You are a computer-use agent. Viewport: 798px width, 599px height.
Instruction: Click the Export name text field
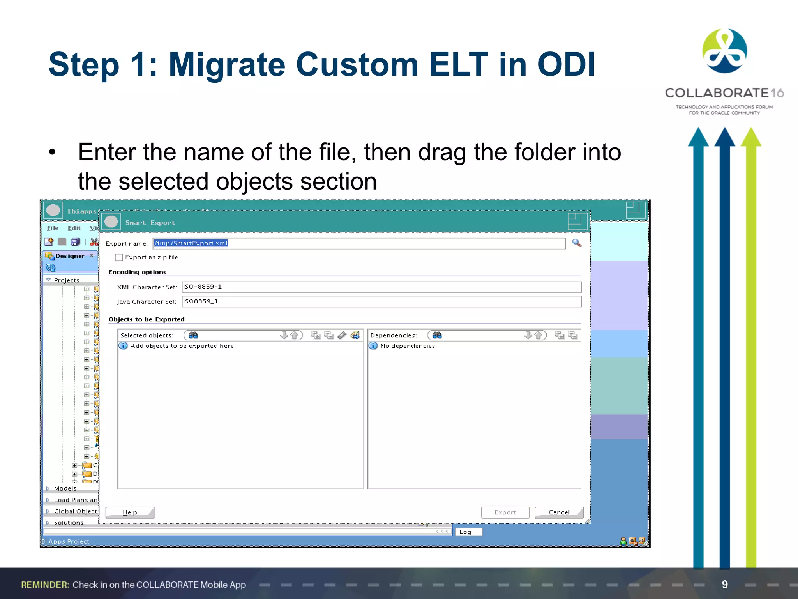[x=358, y=243]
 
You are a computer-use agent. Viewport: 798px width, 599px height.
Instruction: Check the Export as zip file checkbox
[x=119, y=257]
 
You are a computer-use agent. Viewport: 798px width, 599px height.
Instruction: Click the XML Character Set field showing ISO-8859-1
[x=381, y=287]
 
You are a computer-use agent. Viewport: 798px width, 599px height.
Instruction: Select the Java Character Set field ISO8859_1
[x=381, y=301]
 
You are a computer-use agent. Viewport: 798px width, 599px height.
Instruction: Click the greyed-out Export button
[x=505, y=512]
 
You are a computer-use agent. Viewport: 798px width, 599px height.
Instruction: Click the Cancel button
[x=559, y=512]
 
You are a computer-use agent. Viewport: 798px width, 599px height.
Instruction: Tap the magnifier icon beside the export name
[x=577, y=243]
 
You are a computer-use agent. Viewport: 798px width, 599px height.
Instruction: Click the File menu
[x=53, y=228]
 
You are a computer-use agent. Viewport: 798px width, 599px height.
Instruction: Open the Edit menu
[x=74, y=228]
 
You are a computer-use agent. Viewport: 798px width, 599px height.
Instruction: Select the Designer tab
[x=70, y=256]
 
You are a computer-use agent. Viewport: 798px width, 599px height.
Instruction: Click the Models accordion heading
[x=65, y=489]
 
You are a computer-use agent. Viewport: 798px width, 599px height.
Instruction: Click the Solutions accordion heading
[x=69, y=523]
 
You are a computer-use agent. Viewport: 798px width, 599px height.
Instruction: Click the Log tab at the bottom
[x=465, y=532]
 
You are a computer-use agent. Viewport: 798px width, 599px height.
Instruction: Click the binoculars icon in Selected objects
[x=193, y=335]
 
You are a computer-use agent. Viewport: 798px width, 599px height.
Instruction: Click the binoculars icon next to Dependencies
[x=437, y=335]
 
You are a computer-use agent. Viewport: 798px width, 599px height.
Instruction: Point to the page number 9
[x=724, y=584]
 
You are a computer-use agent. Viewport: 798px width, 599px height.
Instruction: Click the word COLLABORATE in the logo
[x=716, y=93]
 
